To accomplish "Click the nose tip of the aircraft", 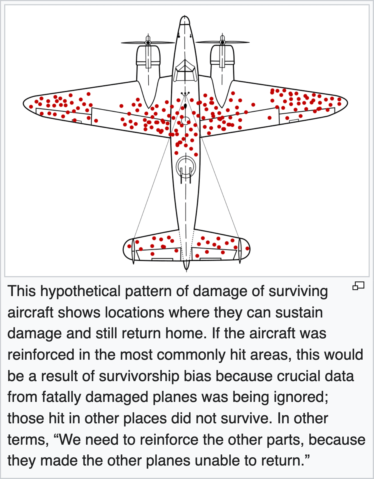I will (185, 18).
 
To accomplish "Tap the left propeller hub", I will (148, 42).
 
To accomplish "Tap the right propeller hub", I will (222, 42).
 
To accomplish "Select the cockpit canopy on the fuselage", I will (185, 70).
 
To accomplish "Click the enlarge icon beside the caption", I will (358, 285).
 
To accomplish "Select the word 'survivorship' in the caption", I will (139, 376).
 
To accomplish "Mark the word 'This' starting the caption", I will (22, 291).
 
